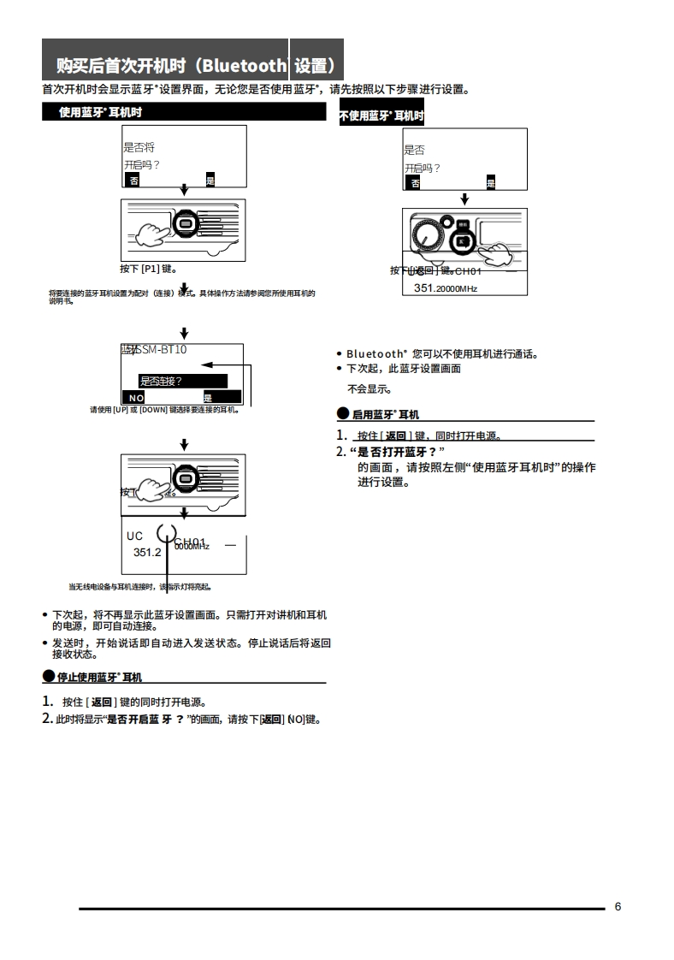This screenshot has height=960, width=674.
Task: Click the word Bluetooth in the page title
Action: pyautogui.click(x=245, y=65)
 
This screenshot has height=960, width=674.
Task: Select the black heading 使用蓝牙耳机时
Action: pyautogui.click(x=100, y=112)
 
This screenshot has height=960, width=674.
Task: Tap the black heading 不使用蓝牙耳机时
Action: pyautogui.click(x=381, y=116)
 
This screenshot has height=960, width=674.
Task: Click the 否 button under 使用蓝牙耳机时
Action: pyautogui.click(x=133, y=180)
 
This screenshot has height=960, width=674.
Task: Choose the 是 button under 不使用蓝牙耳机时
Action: pyautogui.click(x=490, y=183)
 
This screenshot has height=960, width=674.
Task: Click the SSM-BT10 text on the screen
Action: pyautogui.click(x=162, y=349)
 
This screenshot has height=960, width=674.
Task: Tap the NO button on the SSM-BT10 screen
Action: pyautogui.click(x=137, y=398)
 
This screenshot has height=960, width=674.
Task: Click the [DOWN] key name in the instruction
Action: pyautogui.click(x=153, y=410)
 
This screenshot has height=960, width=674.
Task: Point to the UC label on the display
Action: pyautogui.click(x=135, y=536)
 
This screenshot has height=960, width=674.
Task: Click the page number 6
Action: pyautogui.click(x=618, y=907)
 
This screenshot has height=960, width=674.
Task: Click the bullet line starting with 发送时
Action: pyautogui.click(x=188, y=648)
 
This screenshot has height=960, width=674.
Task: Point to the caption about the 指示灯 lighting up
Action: pyautogui.click(x=140, y=587)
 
